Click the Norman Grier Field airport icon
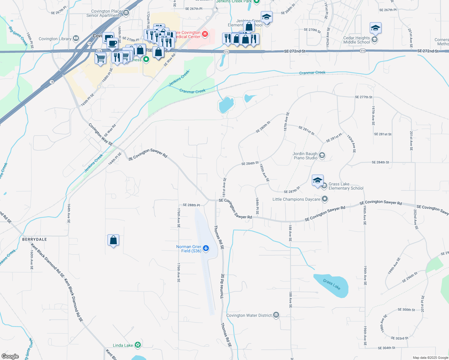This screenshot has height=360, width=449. [206, 248]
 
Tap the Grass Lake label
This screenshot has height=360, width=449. [332, 284]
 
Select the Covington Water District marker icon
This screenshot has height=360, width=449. [276, 315]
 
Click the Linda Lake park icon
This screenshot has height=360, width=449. [138, 345]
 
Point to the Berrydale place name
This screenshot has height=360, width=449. [35, 239]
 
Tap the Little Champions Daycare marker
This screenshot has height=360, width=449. [324, 199]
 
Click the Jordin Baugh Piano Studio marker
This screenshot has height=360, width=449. [322, 155]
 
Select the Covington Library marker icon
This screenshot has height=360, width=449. [76, 38]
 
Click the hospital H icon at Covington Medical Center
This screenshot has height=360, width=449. [205, 34]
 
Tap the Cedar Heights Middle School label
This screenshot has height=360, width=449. [357, 40]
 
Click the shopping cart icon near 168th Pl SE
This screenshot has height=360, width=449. [100, 58]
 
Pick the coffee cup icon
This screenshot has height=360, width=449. [113, 43]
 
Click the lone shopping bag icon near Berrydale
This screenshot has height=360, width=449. [113, 240]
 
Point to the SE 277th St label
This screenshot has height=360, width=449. [363, 97]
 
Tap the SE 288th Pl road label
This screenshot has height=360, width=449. [191, 205]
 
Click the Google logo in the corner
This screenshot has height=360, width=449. [10, 356]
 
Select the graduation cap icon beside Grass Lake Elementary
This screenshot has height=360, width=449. [318, 181]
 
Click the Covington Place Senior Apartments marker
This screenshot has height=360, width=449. [126, 13]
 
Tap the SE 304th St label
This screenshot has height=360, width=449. [387, 348]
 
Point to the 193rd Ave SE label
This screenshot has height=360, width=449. [351, 144]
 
